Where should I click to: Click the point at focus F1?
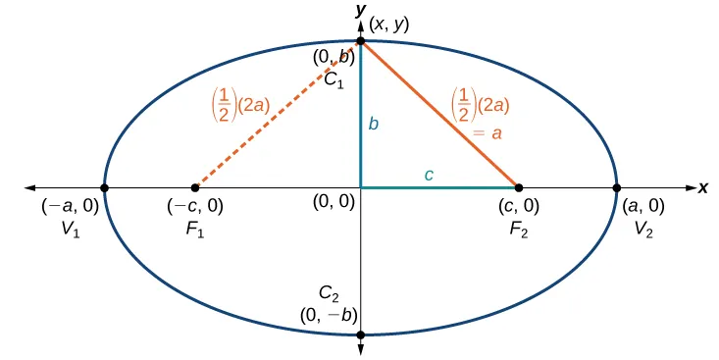coord(195,187)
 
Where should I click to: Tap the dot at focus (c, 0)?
coord(519,187)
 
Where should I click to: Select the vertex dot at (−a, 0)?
coord(105,187)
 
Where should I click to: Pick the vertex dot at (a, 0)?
coord(616,187)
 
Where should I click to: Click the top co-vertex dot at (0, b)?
coord(361,42)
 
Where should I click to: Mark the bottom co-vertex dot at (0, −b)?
coord(361,334)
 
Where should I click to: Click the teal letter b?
coord(373,125)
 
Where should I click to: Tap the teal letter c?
coord(428,175)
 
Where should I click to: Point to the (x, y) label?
coord(390,23)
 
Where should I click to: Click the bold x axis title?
coord(703,187)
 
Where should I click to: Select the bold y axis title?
coord(362,9)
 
